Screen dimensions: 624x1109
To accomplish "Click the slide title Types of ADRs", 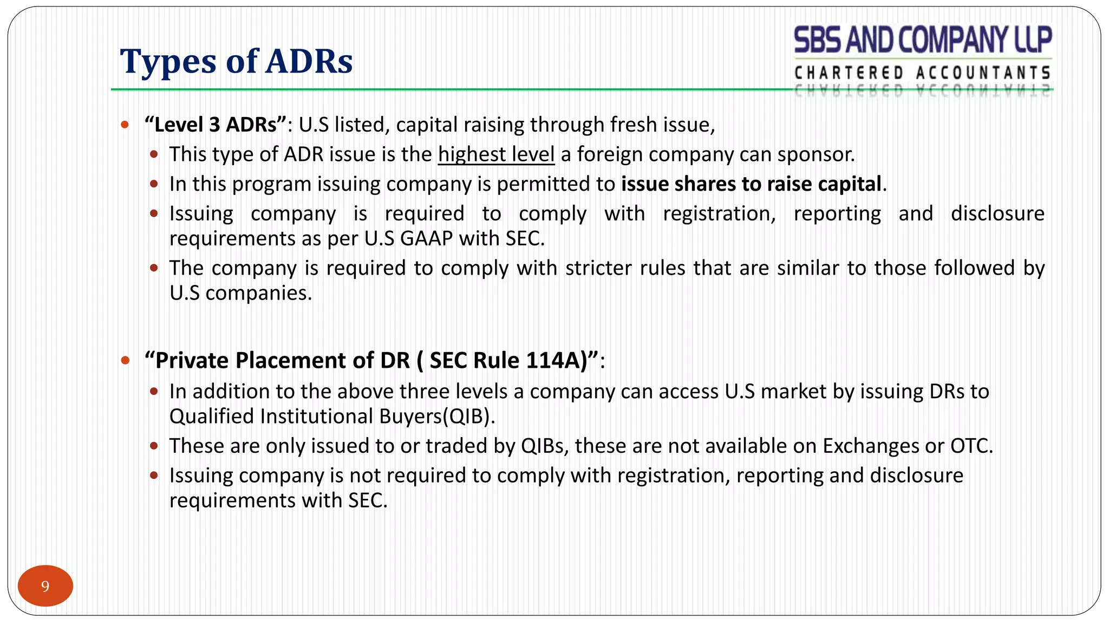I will tap(236, 61).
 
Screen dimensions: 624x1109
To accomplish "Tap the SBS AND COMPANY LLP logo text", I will tap(923, 40).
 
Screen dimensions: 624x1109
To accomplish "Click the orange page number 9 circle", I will tap(45, 586).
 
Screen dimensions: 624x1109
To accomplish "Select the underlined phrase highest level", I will tap(496, 154).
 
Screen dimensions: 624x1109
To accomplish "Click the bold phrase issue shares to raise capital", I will tap(751, 184).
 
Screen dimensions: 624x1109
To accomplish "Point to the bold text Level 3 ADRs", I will tap(215, 125).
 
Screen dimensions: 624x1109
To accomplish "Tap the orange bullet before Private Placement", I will tap(125, 360).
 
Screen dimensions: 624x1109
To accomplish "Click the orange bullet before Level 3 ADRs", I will tap(125, 125).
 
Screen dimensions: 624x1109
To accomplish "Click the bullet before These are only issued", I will tap(154, 446).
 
